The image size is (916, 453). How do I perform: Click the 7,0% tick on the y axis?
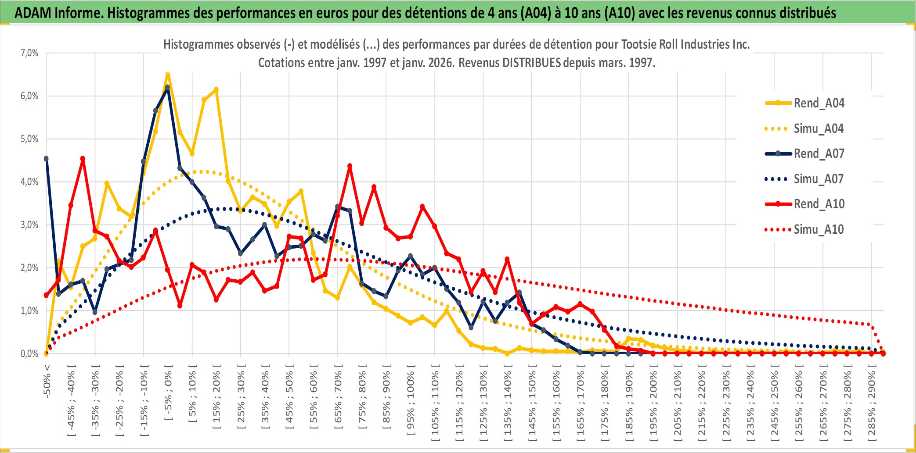[x=29, y=53]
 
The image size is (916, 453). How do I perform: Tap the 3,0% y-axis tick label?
[x=29, y=225]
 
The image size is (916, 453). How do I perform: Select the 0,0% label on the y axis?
[x=29, y=353]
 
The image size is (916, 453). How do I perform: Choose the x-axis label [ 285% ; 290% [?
[x=872, y=406]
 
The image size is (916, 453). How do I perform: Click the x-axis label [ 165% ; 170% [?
[x=581, y=406]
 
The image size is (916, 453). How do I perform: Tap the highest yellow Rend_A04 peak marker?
[x=167, y=73]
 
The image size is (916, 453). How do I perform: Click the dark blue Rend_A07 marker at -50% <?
[x=46, y=159]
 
